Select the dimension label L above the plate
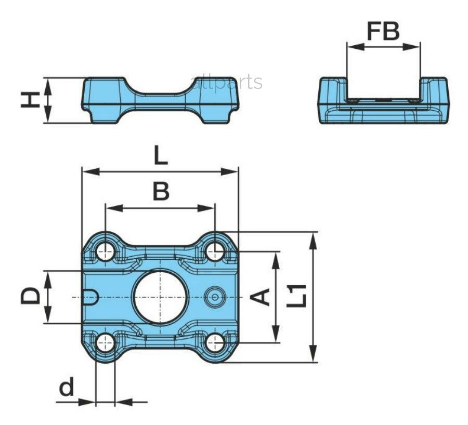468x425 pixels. pyautogui.click(x=160, y=154)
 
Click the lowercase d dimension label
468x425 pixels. pyautogui.click(x=66, y=387)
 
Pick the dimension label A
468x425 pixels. pyautogui.click(x=261, y=297)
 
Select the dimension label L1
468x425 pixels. pyautogui.click(x=297, y=297)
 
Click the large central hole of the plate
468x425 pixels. pyautogui.click(x=160, y=297)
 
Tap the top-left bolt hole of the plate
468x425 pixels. pyautogui.click(x=105, y=252)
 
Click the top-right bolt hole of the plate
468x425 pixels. pyautogui.click(x=215, y=252)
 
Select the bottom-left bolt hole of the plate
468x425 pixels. pyautogui.click(x=105, y=342)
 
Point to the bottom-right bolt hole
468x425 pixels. pyautogui.click(x=215, y=342)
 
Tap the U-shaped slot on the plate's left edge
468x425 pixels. pyautogui.click(x=90, y=297)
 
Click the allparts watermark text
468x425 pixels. pyautogui.click(x=227, y=82)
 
